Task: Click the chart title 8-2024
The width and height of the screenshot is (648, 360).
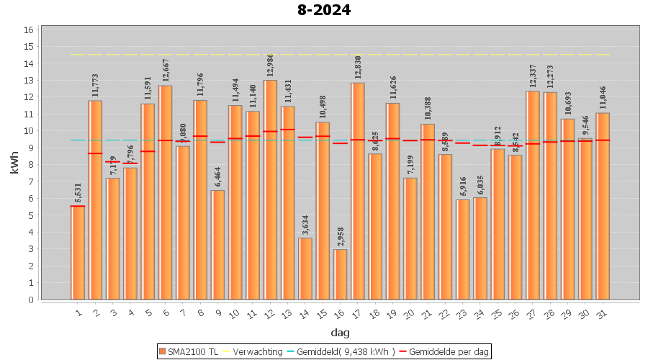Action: [x=324, y=10]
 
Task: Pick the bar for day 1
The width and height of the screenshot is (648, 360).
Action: [x=78, y=253]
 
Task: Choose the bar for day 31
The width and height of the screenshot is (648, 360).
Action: [x=603, y=206]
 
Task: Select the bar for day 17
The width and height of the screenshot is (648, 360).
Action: [x=358, y=191]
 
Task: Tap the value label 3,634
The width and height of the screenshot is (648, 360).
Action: [x=306, y=223]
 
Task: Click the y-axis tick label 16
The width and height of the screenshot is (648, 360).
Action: [x=29, y=30]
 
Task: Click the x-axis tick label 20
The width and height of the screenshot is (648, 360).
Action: [x=409, y=314]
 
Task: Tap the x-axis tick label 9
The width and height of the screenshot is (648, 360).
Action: [x=217, y=314]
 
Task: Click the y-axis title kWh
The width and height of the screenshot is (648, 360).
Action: [x=15, y=165]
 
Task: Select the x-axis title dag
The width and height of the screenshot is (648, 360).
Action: [x=340, y=333]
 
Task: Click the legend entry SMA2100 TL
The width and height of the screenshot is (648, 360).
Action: [x=189, y=351]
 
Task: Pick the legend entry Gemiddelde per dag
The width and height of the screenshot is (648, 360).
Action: [x=446, y=351]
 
